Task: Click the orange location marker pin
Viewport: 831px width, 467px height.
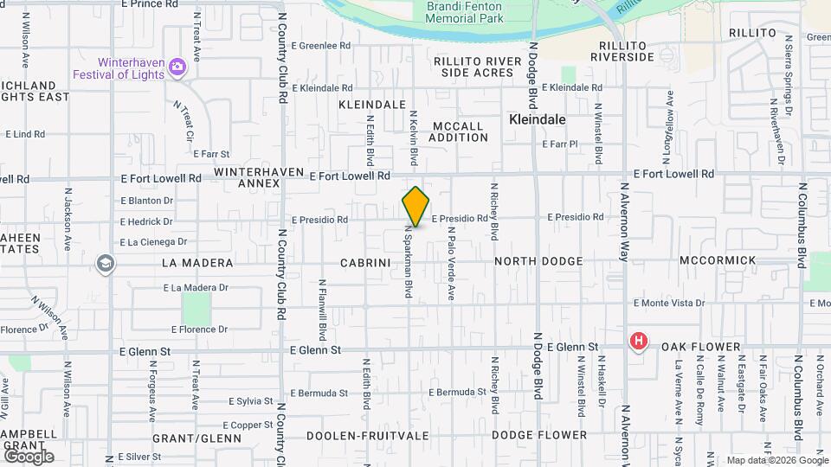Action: (x=415, y=207)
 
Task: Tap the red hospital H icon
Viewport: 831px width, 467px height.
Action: (x=639, y=342)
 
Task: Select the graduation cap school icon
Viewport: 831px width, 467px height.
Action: (x=106, y=263)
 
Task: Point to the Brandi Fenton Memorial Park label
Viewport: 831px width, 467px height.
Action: (x=464, y=11)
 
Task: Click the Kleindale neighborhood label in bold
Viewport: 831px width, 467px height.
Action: (x=538, y=119)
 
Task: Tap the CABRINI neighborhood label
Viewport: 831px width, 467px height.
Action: (x=369, y=261)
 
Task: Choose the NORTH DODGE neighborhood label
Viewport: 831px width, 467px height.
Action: (x=538, y=260)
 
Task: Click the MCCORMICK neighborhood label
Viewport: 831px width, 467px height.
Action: (x=718, y=260)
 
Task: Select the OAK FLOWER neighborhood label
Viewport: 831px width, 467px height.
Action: (x=701, y=347)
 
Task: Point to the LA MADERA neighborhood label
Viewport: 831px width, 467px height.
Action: (x=198, y=262)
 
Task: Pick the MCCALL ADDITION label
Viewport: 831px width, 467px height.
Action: (x=458, y=131)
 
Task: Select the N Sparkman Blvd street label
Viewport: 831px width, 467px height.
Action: (x=407, y=263)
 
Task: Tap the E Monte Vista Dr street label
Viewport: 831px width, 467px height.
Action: (x=669, y=304)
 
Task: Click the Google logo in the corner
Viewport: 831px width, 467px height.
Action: (x=29, y=456)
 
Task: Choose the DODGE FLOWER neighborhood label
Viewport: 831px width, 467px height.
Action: (x=539, y=435)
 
